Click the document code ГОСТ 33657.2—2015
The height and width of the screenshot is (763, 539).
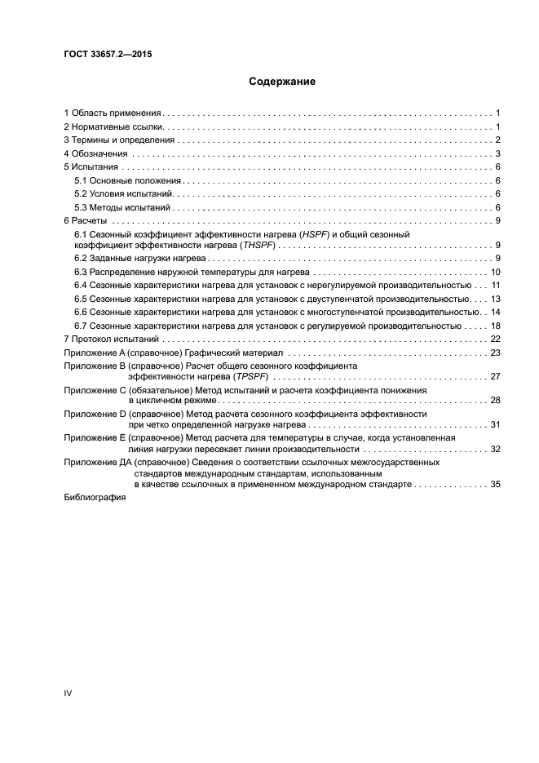pyautogui.click(x=107, y=55)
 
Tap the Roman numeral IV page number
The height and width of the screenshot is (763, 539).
pyautogui.click(x=68, y=693)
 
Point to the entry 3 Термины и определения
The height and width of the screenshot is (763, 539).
pyautogui.click(x=120, y=140)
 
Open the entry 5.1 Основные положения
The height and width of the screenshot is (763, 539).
pyautogui.click(x=128, y=180)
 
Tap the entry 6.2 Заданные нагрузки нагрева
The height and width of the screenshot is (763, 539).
pyautogui.click(x=135, y=259)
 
